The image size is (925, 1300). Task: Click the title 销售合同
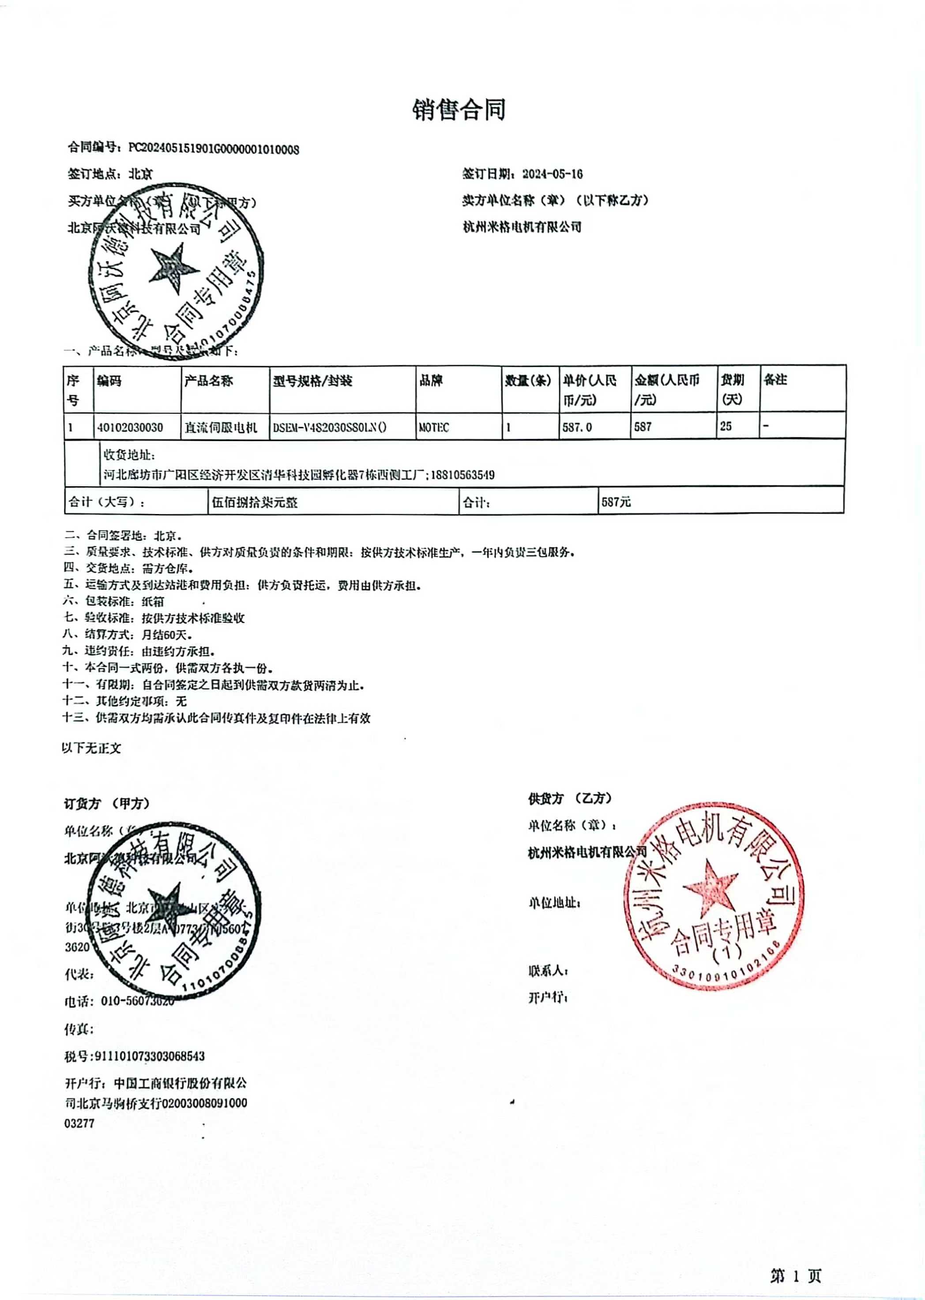click(x=459, y=109)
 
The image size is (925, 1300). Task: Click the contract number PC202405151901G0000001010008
click(x=214, y=149)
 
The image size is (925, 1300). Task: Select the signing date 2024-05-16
click(x=552, y=174)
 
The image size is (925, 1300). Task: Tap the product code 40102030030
click(x=130, y=427)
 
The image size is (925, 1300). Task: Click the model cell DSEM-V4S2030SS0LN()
click(x=329, y=427)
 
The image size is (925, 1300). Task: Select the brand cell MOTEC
click(x=433, y=427)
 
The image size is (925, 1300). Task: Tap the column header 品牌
click(x=431, y=380)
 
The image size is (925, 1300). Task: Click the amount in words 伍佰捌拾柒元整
click(x=255, y=502)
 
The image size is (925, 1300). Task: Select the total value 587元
click(x=616, y=502)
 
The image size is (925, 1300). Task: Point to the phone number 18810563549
click(x=462, y=475)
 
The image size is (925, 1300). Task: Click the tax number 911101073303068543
click(x=149, y=1055)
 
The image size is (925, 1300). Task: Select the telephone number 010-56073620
click(x=137, y=1001)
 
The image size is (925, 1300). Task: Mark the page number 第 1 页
click(x=795, y=1276)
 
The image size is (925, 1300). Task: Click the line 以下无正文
click(x=92, y=748)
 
